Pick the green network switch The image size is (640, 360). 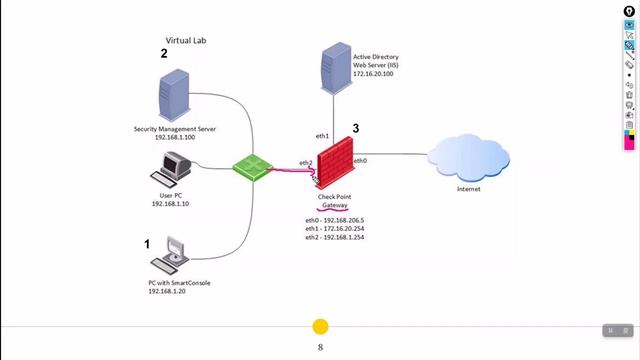point(250,165)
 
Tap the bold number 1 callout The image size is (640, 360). point(147,243)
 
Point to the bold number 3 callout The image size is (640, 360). point(355,129)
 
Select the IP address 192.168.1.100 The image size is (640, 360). point(175,137)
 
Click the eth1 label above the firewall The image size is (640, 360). point(322,134)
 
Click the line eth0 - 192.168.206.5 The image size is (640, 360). point(335,219)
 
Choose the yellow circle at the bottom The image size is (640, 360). point(320,327)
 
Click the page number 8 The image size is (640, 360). point(320,347)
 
